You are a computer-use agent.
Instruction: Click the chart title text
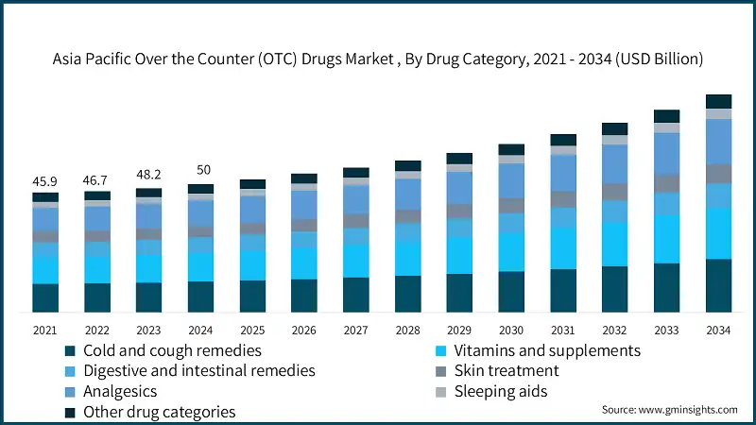pos(378,59)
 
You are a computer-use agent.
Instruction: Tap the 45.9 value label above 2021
pos(45,180)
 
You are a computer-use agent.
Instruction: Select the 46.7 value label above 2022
pos(96,178)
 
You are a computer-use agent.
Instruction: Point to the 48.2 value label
pos(148,175)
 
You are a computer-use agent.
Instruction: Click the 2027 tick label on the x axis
pos(355,330)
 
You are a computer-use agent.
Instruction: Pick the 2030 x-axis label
pos(511,330)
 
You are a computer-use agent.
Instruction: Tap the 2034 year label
pos(718,330)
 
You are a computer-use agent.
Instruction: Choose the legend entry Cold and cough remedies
pos(159,350)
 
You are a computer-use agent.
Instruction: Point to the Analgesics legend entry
pos(120,391)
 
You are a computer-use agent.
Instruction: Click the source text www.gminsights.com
pos(669,410)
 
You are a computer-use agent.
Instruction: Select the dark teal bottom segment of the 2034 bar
pos(718,285)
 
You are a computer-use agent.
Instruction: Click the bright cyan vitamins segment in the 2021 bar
pos(45,269)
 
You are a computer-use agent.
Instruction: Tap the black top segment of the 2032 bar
pos(615,128)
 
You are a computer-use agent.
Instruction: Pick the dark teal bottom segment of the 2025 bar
pos(252,296)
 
